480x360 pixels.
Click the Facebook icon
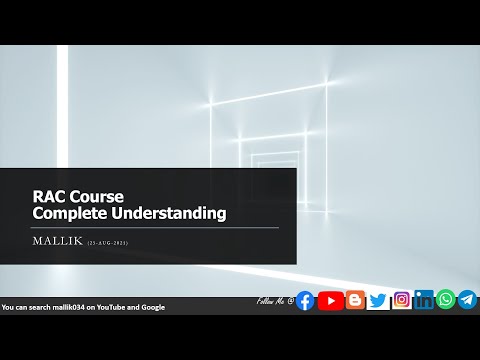click(x=305, y=300)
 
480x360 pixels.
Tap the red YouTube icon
click(x=329, y=300)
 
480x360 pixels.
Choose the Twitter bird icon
click(x=377, y=300)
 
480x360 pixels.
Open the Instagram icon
click(x=401, y=300)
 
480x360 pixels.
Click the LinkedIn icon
click(x=424, y=300)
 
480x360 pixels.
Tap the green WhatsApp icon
click(x=446, y=299)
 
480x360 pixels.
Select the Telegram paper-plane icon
click(x=467, y=299)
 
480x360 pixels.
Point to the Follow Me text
click(x=273, y=299)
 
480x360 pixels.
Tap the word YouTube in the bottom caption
click(x=108, y=307)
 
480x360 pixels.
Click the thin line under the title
click(x=156, y=227)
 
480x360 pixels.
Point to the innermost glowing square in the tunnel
click(x=267, y=159)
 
